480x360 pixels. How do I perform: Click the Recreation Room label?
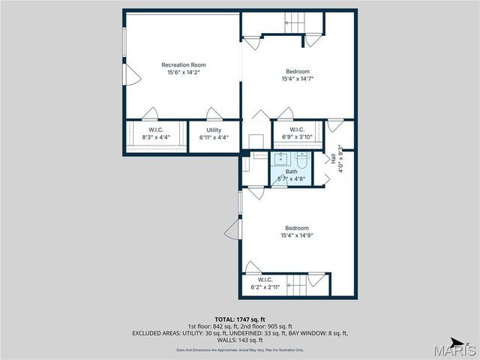coord(183,65)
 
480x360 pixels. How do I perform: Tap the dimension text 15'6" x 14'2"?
coord(183,73)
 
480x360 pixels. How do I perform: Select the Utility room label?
coord(214,130)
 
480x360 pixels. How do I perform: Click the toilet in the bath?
coord(302,160)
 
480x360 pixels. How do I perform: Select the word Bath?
coord(290,172)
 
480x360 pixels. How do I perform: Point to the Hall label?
coord(333,158)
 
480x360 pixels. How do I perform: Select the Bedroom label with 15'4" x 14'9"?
coord(295,228)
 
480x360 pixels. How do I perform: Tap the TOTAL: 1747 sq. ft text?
coord(239,319)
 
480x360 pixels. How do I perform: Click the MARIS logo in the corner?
coord(456,349)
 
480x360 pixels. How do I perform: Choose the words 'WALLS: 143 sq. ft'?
coord(239,340)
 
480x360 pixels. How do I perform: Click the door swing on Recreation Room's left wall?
coord(132,73)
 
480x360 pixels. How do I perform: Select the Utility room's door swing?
coord(214,115)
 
